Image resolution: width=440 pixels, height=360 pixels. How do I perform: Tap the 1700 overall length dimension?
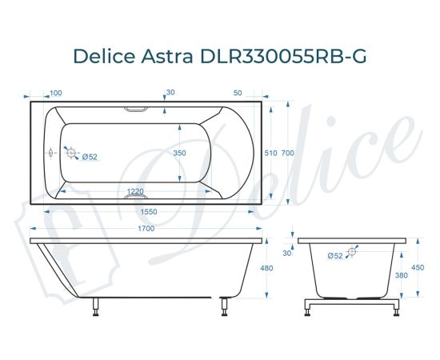146,228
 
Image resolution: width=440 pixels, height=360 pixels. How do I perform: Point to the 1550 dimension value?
146,211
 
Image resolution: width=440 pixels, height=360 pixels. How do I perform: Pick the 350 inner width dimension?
180,153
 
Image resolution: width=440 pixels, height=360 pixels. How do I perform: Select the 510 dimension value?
270,153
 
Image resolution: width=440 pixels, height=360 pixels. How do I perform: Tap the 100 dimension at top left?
56,94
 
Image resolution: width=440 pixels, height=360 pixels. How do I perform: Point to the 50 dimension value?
238,94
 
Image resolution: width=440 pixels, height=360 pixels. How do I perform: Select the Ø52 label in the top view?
90,157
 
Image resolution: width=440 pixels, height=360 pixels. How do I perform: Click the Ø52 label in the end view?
335,255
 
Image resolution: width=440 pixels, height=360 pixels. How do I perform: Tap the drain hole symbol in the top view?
70,153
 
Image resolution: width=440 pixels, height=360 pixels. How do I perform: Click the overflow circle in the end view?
352,252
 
